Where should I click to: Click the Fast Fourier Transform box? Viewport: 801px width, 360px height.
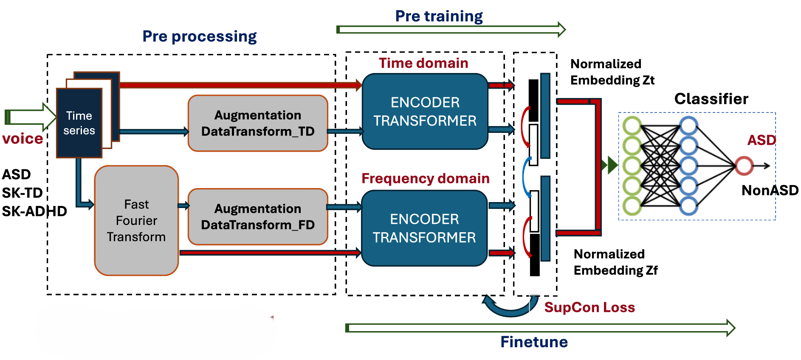(x=136, y=220)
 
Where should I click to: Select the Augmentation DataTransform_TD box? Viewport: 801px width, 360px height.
(x=258, y=123)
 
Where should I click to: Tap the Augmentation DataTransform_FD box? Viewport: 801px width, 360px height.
(x=258, y=217)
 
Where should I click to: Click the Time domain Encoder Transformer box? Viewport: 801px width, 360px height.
(x=425, y=111)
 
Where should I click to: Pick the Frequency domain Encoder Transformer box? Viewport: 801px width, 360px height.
(x=424, y=228)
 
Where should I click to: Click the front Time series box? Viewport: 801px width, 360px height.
(x=79, y=123)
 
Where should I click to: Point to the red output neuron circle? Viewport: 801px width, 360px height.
(x=744, y=166)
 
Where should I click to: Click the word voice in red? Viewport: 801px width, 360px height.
(x=23, y=138)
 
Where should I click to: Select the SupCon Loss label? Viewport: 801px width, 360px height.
(x=589, y=307)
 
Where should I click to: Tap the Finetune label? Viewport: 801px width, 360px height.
(x=534, y=342)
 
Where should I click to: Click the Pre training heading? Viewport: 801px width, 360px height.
(x=439, y=16)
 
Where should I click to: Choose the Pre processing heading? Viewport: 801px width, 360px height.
(x=199, y=37)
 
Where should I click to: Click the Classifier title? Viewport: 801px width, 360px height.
(x=711, y=98)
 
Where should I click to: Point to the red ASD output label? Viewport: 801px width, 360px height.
(x=761, y=140)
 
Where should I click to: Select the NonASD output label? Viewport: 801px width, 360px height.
(x=770, y=190)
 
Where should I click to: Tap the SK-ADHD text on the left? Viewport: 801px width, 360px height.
(x=34, y=211)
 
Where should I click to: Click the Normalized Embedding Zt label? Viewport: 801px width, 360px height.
(x=612, y=72)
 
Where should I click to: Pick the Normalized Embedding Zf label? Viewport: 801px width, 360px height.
(x=615, y=262)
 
